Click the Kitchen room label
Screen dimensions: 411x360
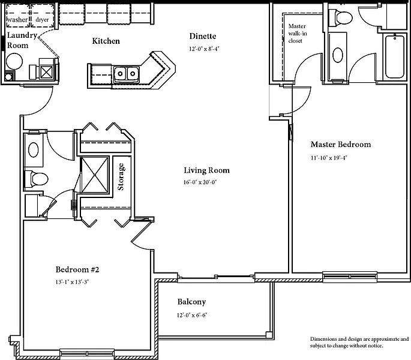(x=106, y=41)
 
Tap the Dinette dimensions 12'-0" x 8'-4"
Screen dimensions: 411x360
(x=204, y=49)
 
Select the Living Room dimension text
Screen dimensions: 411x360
(x=200, y=182)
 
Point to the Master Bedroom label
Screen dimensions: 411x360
(x=341, y=145)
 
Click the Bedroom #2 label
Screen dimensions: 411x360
(x=77, y=269)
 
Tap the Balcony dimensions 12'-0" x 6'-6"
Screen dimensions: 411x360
(x=192, y=315)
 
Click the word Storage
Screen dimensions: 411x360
(x=121, y=177)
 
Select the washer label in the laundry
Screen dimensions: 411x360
(x=17, y=20)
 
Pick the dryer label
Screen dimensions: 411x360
(x=42, y=20)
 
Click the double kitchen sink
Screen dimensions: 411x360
(x=126, y=74)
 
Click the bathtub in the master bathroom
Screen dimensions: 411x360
(x=394, y=56)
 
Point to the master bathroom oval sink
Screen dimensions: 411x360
(x=338, y=55)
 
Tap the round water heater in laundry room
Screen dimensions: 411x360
(x=14, y=61)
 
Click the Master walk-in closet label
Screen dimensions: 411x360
(x=298, y=33)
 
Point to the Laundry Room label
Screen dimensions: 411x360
(x=22, y=40)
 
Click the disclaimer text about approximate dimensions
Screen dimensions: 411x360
(x=359, y=342)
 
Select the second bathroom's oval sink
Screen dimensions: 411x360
(x=33, y=150)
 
